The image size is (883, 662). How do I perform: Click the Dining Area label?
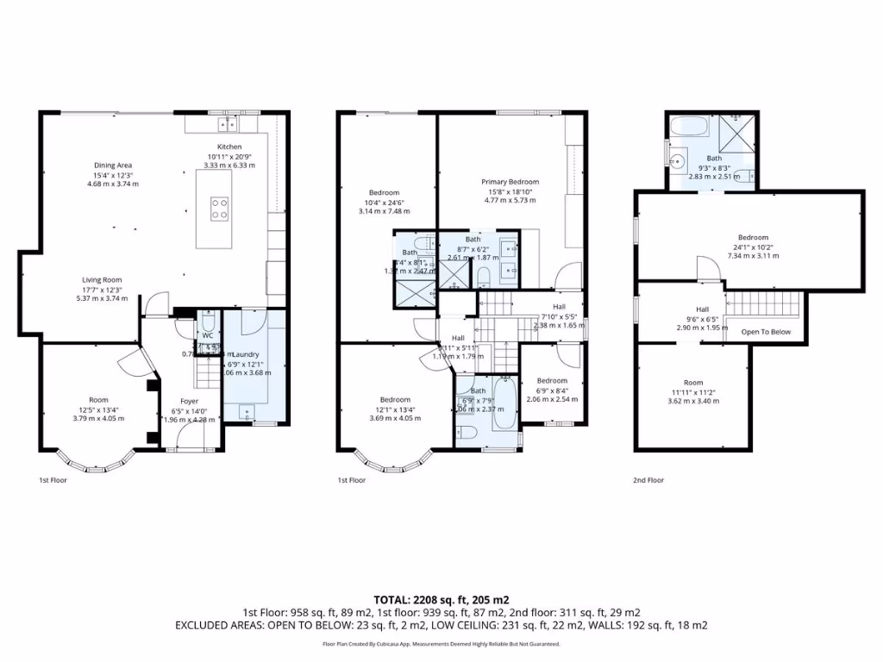point(113,165)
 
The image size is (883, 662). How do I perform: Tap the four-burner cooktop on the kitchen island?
point(220,208)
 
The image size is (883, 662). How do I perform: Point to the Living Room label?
point(102,280)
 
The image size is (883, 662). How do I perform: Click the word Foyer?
point(189,401)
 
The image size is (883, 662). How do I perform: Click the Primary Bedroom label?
point(510,182)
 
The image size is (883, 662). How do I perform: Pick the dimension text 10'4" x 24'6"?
point(384,202)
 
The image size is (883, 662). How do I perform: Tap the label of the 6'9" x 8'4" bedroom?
point(552,380)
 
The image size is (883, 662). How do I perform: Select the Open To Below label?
point(766,331)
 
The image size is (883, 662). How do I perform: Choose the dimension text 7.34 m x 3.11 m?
point(752,255)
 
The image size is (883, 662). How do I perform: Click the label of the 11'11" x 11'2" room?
point(693,383)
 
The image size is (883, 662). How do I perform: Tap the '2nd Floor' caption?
point(648,480)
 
